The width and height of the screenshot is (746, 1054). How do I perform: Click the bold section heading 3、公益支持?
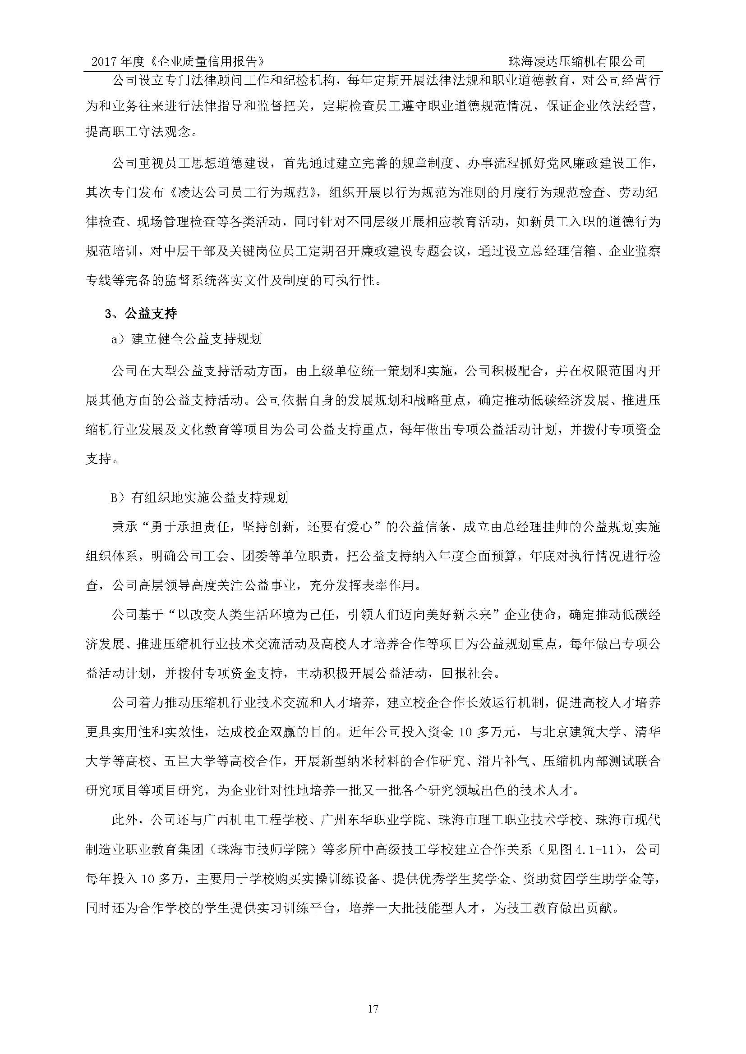141,314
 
